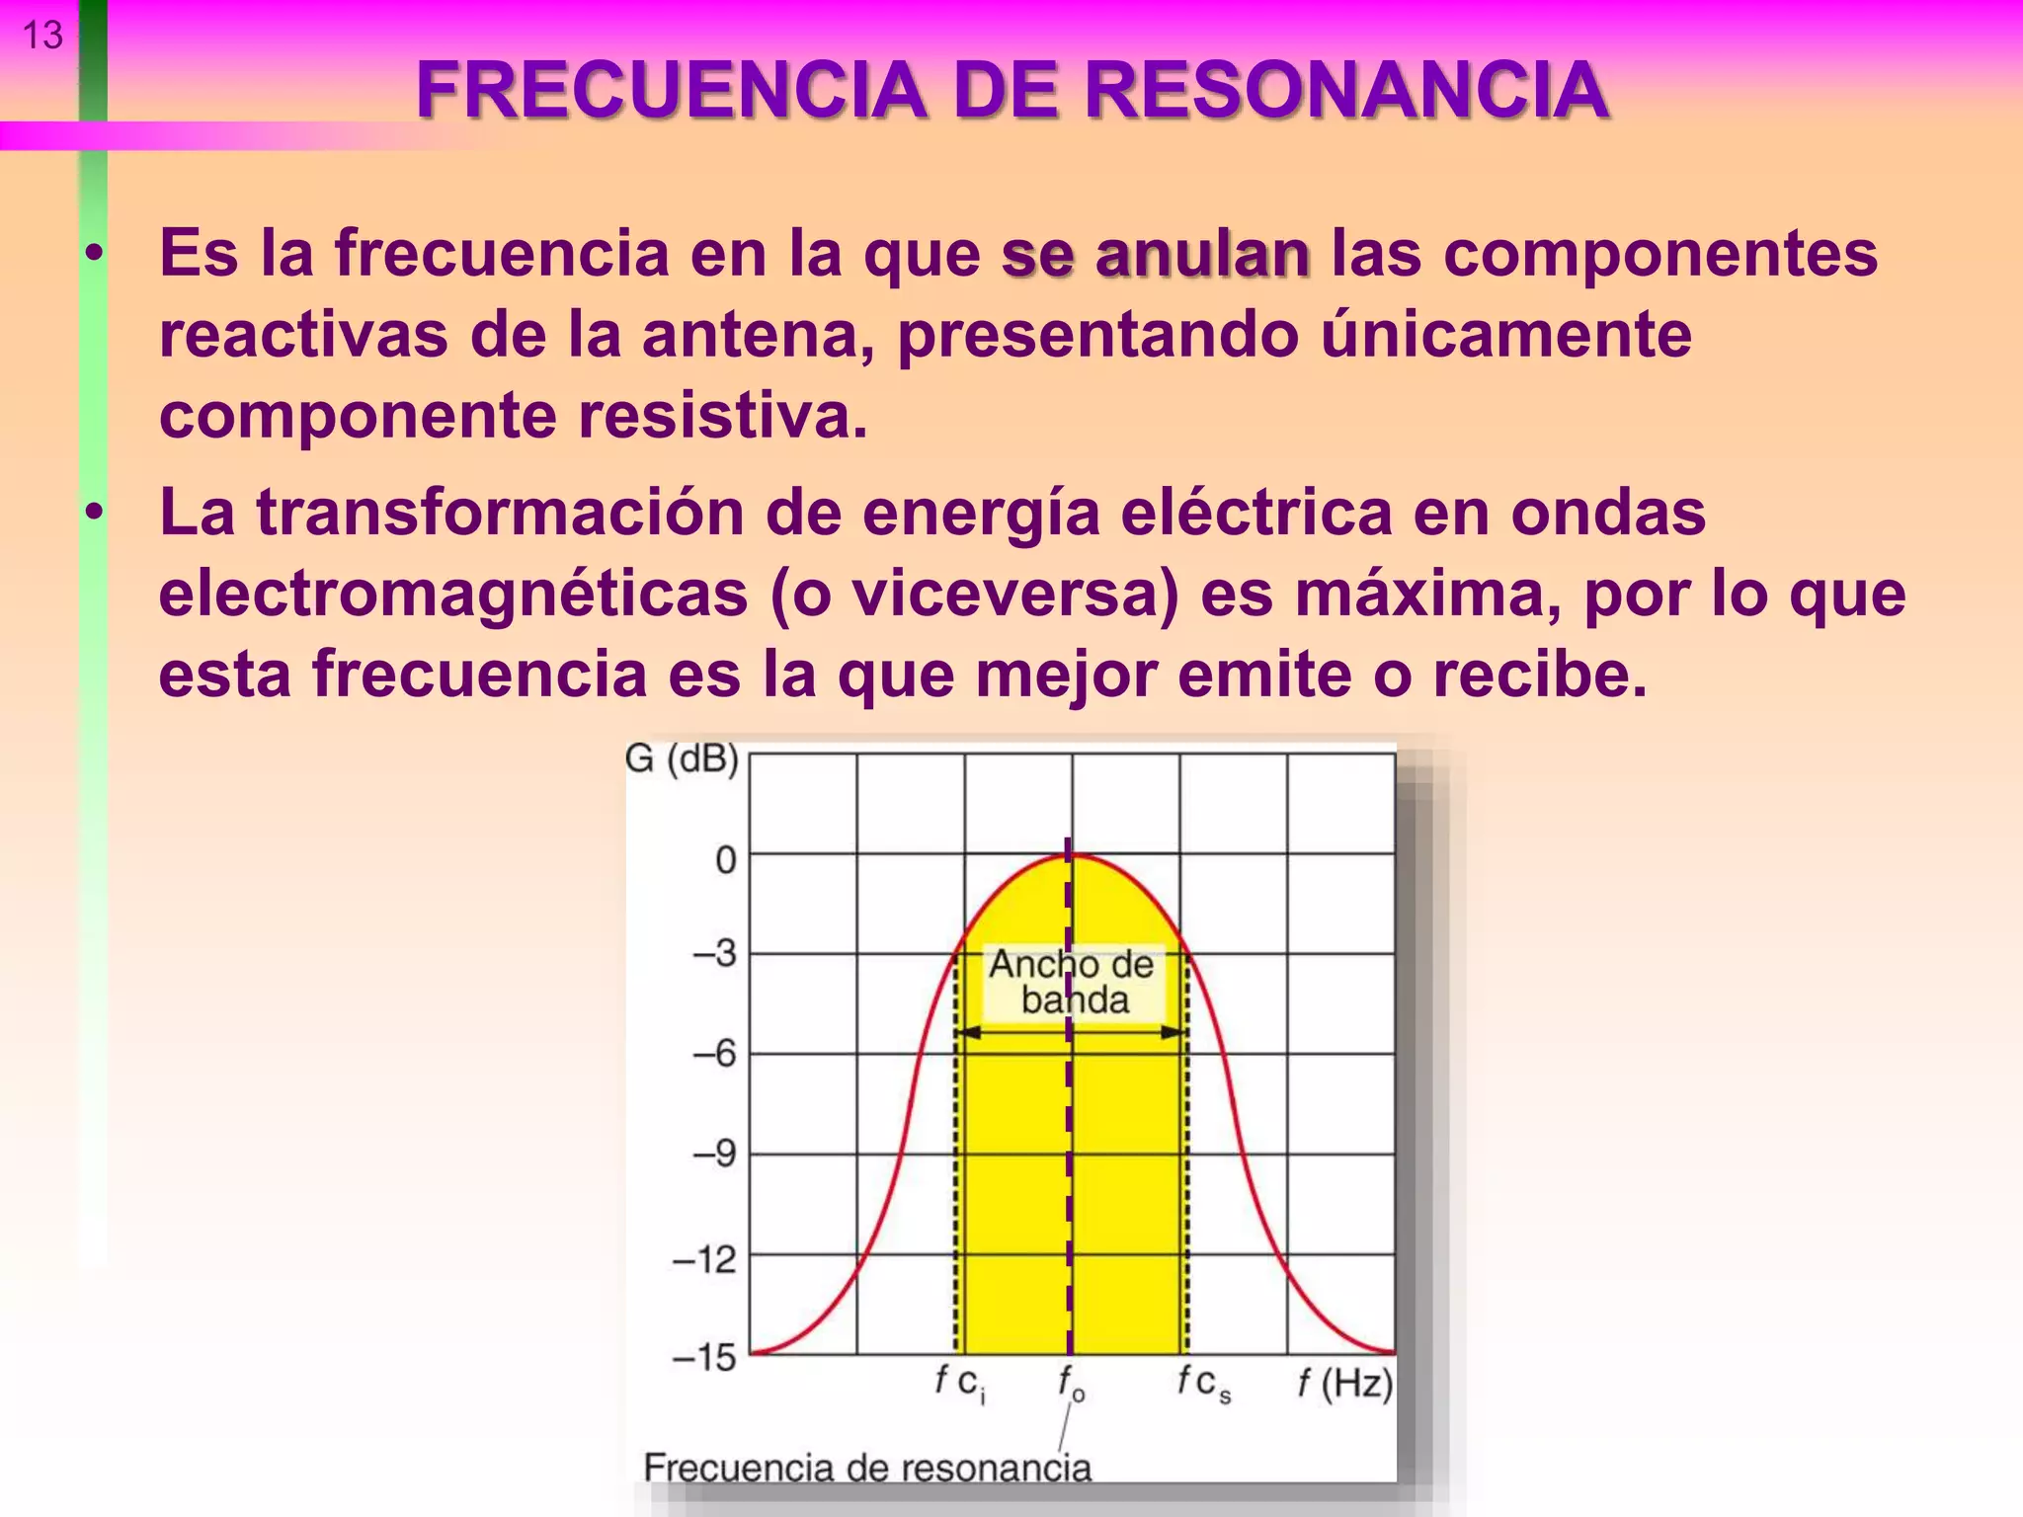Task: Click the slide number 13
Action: (x=42, y=37)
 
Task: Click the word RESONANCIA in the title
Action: (x=1346, y=91)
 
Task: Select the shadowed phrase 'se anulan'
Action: (x=1156, y=254)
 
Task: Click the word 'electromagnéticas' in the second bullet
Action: (x=453, y=594)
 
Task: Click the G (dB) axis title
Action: (x=682, y=758)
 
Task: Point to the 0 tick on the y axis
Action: (x=726, y=860)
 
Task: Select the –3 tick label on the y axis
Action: (x=715, y=954)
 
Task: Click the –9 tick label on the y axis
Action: (x=715, y=1154)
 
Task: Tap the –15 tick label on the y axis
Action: (x=704, y=1357)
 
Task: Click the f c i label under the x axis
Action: (x=960, y=1383)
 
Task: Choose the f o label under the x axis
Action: (x=1071, y=1383)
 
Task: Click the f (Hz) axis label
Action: (x=1344, y=1383)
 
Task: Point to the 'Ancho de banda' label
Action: (x=1073, y=982)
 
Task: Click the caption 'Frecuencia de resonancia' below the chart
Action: (x=867, y=1468)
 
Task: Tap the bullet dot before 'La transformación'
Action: (x=94, y=513)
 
